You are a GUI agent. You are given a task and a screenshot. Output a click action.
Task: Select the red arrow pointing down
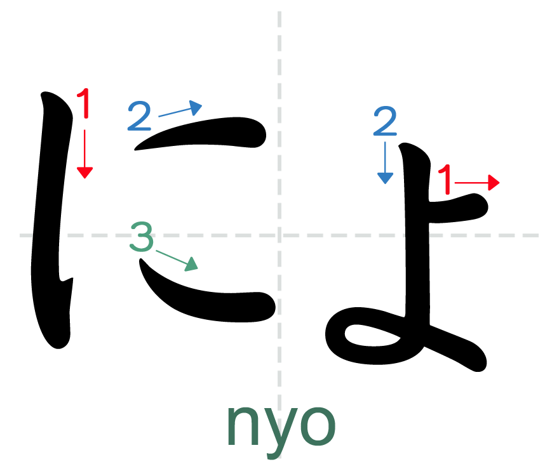84,153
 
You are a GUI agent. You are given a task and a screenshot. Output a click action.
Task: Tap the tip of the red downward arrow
84,177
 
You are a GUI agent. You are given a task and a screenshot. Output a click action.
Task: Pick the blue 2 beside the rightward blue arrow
139,116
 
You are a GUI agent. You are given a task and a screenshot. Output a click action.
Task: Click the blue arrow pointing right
179,110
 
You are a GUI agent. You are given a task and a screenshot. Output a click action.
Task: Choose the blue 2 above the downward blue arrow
385,121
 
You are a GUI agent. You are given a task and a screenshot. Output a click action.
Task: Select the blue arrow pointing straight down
385,162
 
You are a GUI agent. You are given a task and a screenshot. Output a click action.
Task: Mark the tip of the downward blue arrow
385,183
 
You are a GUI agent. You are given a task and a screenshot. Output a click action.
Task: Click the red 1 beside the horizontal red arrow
445,180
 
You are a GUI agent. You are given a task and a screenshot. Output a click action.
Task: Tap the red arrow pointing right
476,183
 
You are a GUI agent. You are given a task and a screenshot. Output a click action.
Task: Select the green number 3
142,237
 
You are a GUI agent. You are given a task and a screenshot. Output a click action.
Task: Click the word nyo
280,424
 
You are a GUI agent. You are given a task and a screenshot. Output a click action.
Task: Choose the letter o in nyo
317,424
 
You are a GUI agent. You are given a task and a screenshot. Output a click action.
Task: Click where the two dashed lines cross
279,235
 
